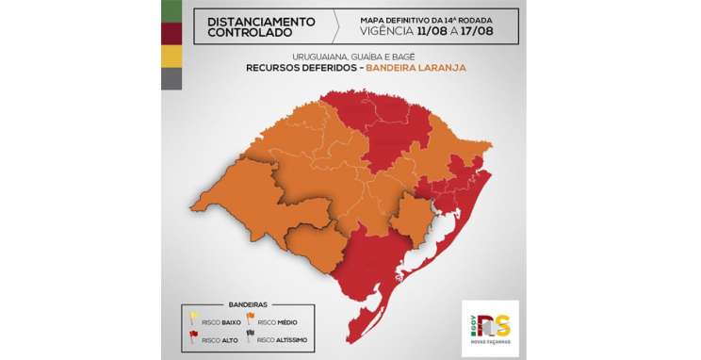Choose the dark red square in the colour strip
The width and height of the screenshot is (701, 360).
pyautogui.click(x=172, y=34)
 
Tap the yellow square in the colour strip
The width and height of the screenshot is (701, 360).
pyautogui.click(x=172, y=57)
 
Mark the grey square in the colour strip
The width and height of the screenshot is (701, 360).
pyautogui.click(x=172, y=79)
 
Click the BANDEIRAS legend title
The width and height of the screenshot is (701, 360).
pyautogui.click(x=247, y=304)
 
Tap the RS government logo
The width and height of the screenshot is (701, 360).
pyautogui.click(x=491, y=327)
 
